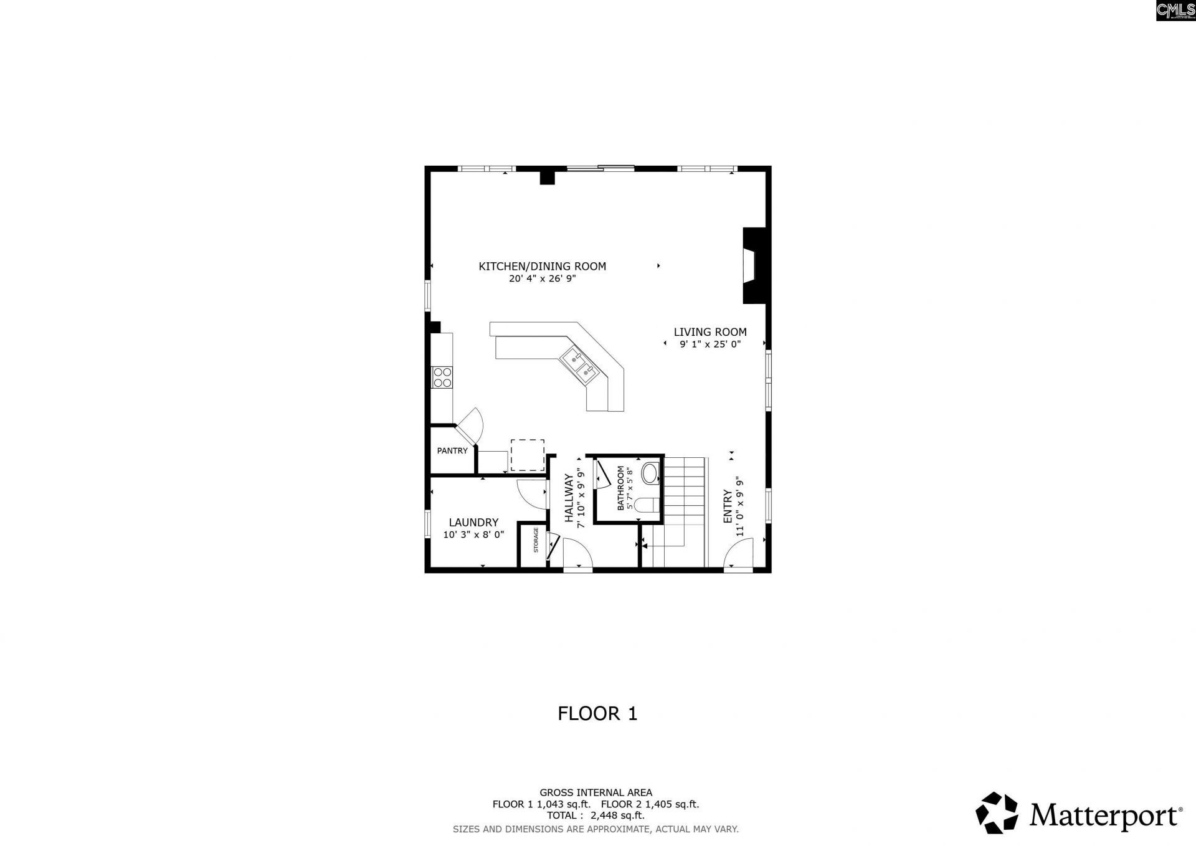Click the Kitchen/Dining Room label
pyautogui.click(x=542, y=267)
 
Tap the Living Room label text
pyautogui.click(x=710, y=333)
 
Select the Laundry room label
pyautogui.click(x=473, y=523)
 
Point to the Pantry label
pyautogui.click(x=452, y=451)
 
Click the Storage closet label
pyautogui.click(x=536, y=540)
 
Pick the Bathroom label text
pyautogui.click(x=621, y=488)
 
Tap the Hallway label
pyautogui.click(x=569, y=498)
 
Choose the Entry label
pyautogui.click(x=728, y=506)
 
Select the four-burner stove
pyautogui.click(x=442, y=378)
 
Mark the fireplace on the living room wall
pyautogui.click(x=755, y=266)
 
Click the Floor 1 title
pyautogui.click(x=597, y=713)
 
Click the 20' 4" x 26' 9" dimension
pyautogui.click(x=542, y=279)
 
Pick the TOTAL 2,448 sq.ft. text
pyautogui.click(x=596, y=815)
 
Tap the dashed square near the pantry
pyautogui.click(x=527, y=455)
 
